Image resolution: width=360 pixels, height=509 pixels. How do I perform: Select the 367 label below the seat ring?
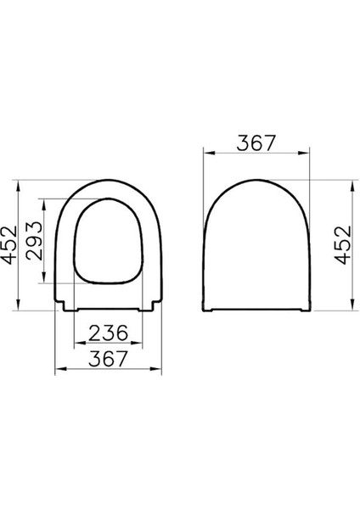tap(109, 359)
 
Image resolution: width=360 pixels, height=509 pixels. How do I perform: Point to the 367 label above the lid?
tap(256, 143)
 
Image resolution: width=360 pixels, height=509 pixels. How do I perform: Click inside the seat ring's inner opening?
tap(109, 242)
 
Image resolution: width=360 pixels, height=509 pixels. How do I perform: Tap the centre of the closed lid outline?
tap(256, 246)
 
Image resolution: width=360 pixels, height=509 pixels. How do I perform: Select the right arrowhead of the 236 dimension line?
tap(138, 344)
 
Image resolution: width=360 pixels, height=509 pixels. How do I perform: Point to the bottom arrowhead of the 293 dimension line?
tap(47, 281)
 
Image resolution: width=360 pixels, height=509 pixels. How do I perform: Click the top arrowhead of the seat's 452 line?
tap(22, 182)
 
